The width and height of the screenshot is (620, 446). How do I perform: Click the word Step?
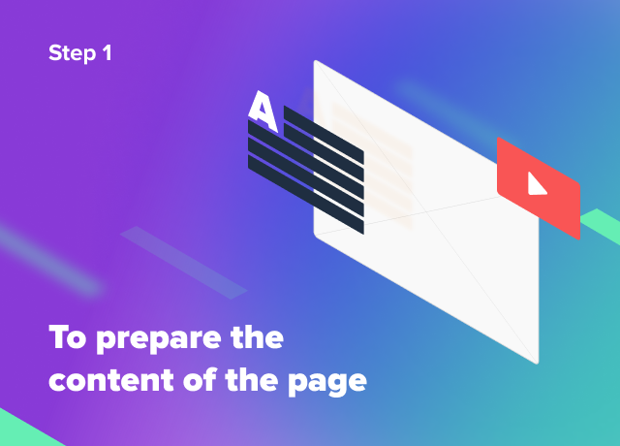[x=72, y=53]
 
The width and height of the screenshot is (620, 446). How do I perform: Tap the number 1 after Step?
[x=107, y=52]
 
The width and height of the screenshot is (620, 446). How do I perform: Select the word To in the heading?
[x=67, y=336]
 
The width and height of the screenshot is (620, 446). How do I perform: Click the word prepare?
[x=159, y=339]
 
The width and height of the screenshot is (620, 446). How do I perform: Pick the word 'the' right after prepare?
[x=257, y=336]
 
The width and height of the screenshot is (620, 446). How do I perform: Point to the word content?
[x=111, y=380]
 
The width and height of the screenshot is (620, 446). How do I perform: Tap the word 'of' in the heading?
[x=200, y=379]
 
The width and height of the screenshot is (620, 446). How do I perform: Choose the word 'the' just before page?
[x=252, y=379]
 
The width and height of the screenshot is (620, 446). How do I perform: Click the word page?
[x=327, y=382]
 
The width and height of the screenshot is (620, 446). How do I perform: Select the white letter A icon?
[x=263, y=111]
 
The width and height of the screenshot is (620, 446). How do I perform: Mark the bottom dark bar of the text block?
[x=306, y=194]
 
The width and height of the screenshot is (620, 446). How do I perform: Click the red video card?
[x=539, y=188]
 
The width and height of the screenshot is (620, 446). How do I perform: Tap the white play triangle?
[x=536, y=185]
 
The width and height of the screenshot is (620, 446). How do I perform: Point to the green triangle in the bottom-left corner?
[x=23, y=430]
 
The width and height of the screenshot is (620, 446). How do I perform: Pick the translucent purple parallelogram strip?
[x=184, y=263]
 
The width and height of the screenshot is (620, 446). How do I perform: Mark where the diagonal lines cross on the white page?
[x=426, y=212]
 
